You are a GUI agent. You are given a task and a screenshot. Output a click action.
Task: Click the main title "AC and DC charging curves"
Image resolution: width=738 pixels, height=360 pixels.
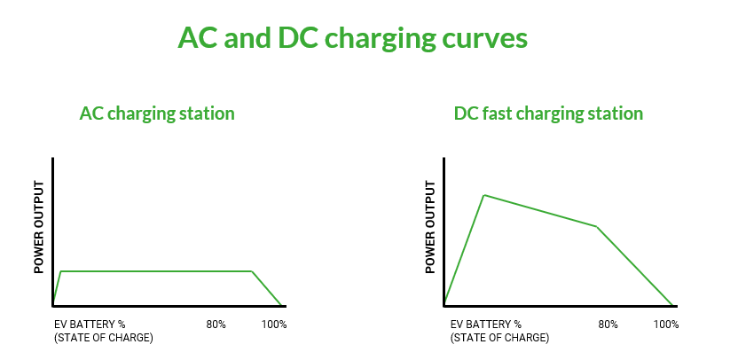click(352, 39)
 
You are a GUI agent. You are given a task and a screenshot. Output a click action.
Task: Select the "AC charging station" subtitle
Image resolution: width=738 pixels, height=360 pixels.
click(157, 114)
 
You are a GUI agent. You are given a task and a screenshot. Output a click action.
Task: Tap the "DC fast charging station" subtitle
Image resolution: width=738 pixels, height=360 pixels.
click(548, 114)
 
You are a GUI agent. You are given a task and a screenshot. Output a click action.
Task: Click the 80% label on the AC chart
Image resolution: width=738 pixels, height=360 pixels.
click(216, 325)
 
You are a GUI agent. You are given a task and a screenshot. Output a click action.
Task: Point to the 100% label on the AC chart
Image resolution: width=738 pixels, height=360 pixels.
click(274, 325)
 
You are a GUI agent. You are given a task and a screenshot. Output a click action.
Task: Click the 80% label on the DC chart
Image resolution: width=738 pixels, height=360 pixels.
click(608, 325)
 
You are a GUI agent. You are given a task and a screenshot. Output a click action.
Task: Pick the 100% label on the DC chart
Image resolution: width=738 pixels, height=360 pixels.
click(666, 325)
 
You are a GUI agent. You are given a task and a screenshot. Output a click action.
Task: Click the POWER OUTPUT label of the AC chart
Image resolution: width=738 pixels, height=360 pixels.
click(39, 227)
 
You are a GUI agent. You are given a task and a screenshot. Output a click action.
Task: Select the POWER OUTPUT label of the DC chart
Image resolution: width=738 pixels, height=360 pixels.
click(430, 227)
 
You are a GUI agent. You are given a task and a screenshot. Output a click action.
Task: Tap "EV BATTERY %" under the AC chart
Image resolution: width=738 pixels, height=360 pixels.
click(90, 325)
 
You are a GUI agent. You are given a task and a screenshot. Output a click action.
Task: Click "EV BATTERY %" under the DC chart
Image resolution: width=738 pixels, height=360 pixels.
click(486, 325)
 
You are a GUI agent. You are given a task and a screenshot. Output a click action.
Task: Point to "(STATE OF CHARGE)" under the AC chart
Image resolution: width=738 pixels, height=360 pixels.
click(104, 338)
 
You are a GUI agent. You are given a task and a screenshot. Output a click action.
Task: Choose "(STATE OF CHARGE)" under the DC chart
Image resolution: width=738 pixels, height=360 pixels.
click(500, 338)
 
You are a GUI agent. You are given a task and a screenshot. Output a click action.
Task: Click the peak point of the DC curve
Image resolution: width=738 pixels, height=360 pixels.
click(484, 195)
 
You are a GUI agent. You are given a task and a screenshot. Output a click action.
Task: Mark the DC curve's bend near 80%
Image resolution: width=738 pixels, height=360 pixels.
click(597, 227)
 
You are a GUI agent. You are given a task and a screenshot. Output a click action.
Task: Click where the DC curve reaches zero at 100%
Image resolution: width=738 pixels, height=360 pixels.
click(672, 306)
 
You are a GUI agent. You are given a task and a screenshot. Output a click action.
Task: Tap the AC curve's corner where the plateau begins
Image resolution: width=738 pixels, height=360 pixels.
click(60, 271)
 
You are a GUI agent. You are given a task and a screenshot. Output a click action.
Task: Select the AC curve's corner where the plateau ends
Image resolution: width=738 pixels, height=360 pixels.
click(252, 271)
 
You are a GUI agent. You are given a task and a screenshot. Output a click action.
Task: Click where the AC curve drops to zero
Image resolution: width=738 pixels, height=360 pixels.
click(281, 306)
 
